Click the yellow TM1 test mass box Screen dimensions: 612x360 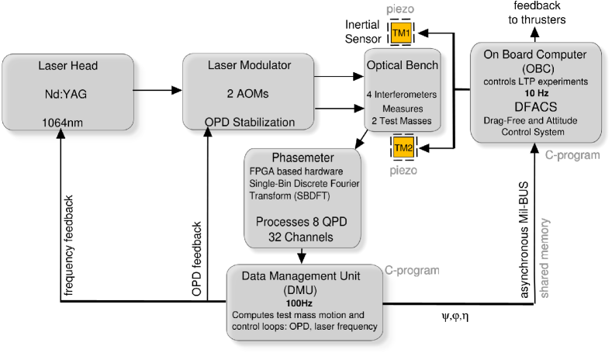(x=401, y=33)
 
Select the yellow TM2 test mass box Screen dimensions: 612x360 (x=403, y=148)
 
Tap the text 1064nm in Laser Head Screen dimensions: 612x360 (x=63, y=123)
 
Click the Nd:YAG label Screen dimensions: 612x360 (x=66, y=94)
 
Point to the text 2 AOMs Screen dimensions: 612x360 (x=248, y=94)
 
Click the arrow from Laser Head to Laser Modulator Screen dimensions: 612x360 (x=157, y=91)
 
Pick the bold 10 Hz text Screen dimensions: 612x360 (x=536, y=93)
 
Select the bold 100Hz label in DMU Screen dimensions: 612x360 (x=299, y=303)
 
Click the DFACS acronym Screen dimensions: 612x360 (x=535, y=106)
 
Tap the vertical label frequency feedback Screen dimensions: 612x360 (x=68, y=246)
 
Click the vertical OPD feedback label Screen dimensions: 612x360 (x=197, y=259)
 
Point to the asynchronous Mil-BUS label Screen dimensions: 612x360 (x=524, y=241)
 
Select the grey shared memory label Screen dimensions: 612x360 (x=544, y=258)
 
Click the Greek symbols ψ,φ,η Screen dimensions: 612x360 (x=455, y=316)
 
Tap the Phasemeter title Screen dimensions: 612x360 (x=303, y=157)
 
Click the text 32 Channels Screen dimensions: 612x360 (x=300, y=237)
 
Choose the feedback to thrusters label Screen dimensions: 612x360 (x=537, y=12)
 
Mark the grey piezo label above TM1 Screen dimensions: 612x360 (x=400, y=10)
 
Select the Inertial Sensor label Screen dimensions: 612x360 (x=363, y=32)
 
